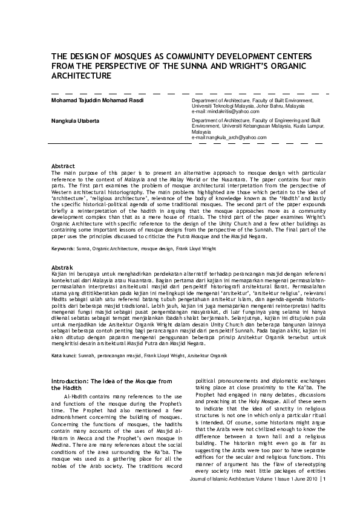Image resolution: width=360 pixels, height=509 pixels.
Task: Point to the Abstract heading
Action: [x=63, y=166]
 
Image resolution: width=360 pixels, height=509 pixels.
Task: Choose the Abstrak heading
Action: [x=62, y=267]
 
